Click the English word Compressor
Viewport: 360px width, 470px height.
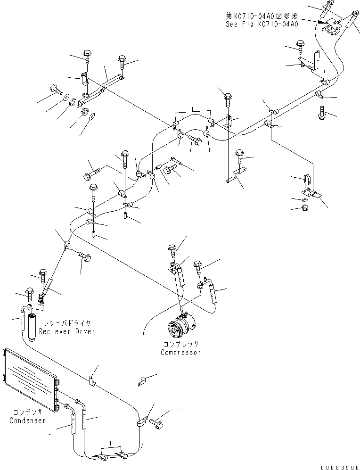pyautogui.click(x=180, y=352)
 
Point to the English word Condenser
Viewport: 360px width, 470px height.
pyautogui.click(x=27, y=420)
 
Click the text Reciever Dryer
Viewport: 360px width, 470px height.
pyautogui.click(x=67, y=331)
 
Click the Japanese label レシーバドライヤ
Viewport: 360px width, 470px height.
pyautogui.click(x=67, y=323)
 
